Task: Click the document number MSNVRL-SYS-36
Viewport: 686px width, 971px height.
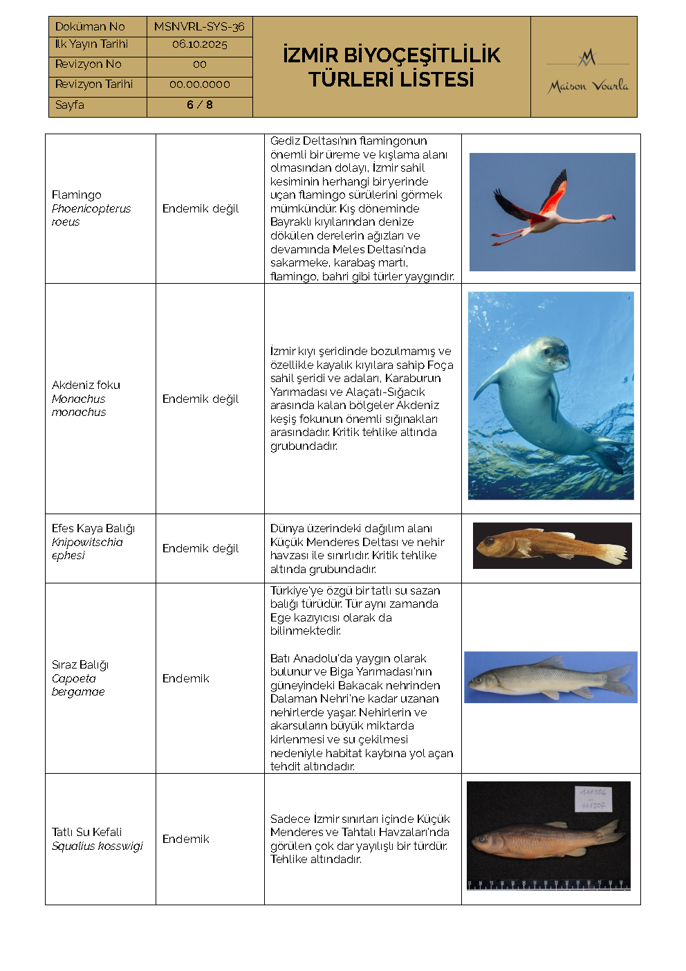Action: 199,26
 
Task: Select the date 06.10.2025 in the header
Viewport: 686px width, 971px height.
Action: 199,44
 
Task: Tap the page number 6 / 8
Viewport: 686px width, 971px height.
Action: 199,105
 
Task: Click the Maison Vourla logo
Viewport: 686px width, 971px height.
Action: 588,72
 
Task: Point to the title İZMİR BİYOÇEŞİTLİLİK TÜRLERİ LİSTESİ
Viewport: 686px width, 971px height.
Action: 391,67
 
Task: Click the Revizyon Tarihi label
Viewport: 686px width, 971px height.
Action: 93,84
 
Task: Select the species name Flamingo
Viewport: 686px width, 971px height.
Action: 76,195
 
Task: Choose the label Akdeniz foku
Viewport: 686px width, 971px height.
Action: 86,385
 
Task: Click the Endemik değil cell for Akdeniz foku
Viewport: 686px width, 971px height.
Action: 201,399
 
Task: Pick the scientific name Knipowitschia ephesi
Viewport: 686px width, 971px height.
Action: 86,549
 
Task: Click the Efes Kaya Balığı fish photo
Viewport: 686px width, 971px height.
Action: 552,545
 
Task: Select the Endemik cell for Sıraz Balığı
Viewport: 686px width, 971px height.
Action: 185,678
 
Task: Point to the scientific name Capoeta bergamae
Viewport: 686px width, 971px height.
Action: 77,685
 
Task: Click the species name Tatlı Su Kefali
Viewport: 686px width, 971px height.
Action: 86,832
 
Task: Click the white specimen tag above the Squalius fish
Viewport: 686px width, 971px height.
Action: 593,799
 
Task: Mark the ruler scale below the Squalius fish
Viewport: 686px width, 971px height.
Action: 548,884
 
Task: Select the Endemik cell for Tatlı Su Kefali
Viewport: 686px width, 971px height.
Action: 185,839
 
